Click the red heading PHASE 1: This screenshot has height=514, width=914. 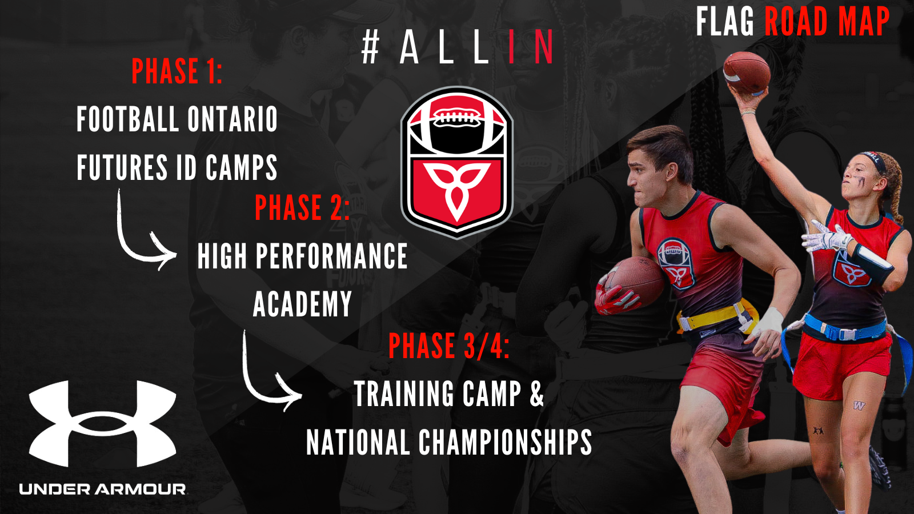(177, 71)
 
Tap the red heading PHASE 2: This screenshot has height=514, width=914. (302, 207)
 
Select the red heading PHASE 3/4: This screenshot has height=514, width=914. (449, 346)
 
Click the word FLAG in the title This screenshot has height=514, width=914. (725, 22)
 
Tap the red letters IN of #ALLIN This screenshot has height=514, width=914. (531, 47)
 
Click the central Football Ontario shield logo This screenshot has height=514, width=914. (456, 162)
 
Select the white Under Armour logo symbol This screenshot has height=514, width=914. (102, 423)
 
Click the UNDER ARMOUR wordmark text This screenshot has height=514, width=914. (102, 489)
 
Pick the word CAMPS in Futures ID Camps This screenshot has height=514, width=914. (241, 167)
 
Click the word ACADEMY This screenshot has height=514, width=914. (302, 303)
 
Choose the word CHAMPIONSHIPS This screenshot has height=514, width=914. (505, 442)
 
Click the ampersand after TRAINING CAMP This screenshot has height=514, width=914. (537, 393)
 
